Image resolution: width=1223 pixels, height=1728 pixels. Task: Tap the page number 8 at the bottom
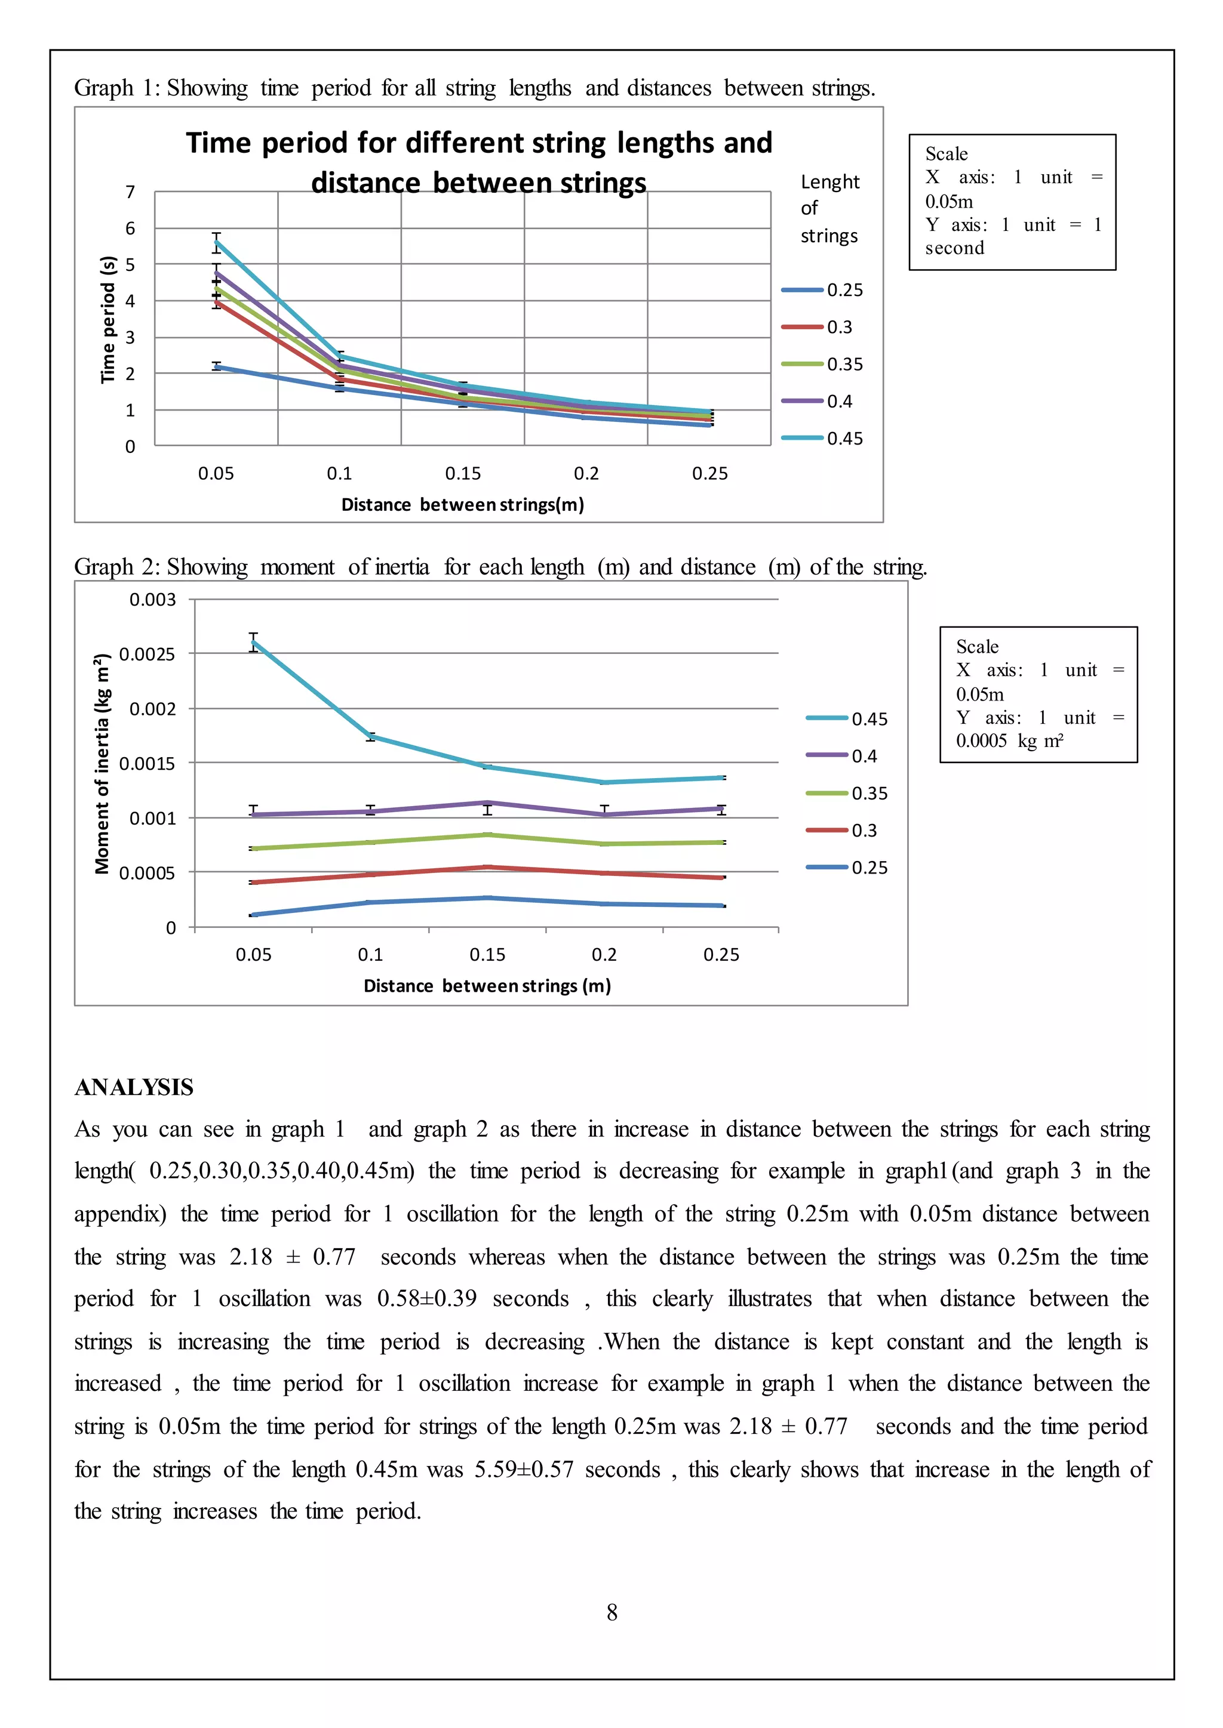pyautogui.click(x=611, y=1612)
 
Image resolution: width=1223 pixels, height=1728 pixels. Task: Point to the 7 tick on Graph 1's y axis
pyautogui.click(x=130, y=192)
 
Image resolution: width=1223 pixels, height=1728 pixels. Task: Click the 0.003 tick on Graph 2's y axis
pyautogui.click(x=152, y=600)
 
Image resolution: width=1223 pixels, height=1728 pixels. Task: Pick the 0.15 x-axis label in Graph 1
pyautogui.click(x=462, y=473)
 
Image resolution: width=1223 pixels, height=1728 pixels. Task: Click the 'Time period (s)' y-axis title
pyautogui.click(x=109, y=319)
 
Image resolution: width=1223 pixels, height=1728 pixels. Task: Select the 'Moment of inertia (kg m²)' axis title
pyautogui.click(x=103, y=763)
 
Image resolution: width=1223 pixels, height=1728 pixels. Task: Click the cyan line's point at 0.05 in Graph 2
pyautogui.click(x=254, y=642)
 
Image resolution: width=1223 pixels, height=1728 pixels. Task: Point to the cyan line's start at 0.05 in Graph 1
pyautogui.click(x=217, y=242)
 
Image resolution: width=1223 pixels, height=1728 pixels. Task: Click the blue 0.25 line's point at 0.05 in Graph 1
pyautogui.click(x=217, y=366)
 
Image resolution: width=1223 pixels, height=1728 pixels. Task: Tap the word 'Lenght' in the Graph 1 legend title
pyautogui.click(x=829, y=182)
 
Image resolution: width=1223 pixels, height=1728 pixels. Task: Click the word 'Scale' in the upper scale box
pyautogui.click(x=946, y=155)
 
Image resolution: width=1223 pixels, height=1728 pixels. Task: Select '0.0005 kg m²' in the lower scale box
pyautogui.click(x=1009, y=740)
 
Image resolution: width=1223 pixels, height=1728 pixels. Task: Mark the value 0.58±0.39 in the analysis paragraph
pyautogui.click(x=426, y=1298)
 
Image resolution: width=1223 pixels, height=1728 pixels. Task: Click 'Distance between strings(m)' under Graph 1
pyautogui.click(x=462, y=504)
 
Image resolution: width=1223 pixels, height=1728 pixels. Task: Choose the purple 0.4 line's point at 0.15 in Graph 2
pyautogui.click(x=488, y=803)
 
